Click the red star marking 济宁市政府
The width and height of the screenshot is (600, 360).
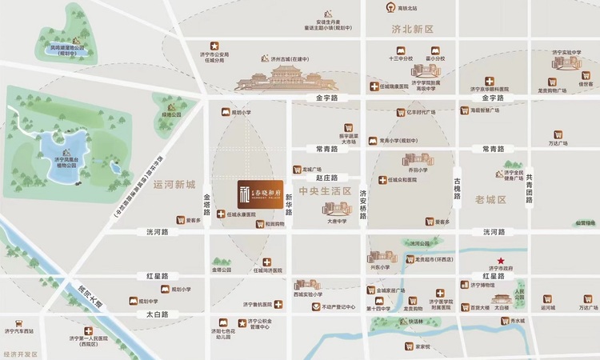point(501,262)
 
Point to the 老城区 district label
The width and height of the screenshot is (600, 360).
point(491,199)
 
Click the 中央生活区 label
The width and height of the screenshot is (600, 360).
point(325,191)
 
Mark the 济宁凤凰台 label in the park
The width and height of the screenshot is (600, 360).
point(70,160)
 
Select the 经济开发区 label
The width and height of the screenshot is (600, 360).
point(21,353)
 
